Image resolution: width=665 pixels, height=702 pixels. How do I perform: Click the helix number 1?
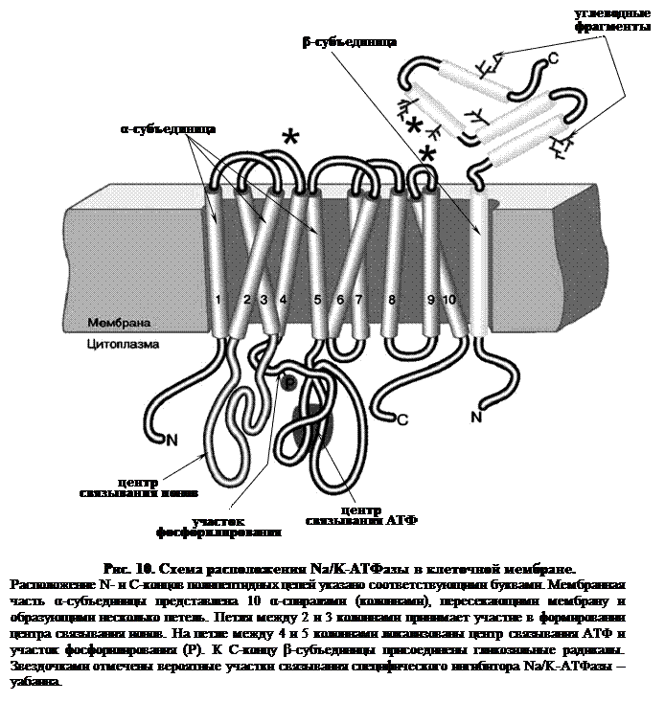pos(218,301)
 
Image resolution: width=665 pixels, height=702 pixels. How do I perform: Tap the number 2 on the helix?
pos(247,301)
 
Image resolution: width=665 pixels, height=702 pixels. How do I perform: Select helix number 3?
pos(265,301)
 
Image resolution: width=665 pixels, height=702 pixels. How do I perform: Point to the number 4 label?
pos(284,301)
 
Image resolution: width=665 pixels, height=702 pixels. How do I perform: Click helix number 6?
pos(340,301)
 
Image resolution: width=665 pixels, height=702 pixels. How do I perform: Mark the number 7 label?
pos(358,301)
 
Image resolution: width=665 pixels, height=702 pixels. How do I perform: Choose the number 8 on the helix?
pos(391,301)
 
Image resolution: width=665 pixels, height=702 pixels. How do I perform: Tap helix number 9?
pos(430,301)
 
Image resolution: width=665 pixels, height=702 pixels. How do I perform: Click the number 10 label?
pos(449,301)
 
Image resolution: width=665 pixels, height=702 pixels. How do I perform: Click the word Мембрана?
pos(118,323)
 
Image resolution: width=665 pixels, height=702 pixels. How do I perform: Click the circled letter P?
pos(290,382)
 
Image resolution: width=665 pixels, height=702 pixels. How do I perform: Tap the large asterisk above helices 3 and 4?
pos(289,139)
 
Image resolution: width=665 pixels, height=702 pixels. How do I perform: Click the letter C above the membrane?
pos(552,61)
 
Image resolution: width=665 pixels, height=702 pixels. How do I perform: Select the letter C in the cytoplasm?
pos(402,419)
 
